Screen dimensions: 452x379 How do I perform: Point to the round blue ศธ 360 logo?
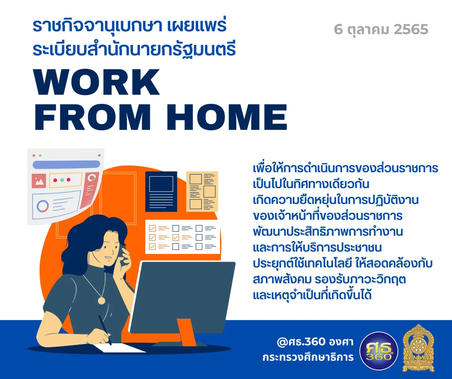point(379,351)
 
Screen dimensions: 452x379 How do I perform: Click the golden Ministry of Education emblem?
point(418,348)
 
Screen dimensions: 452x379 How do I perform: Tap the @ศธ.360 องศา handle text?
point(315,342)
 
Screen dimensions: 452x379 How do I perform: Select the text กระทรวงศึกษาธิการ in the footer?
point(308,357)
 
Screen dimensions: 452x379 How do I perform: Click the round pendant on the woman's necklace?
point(101,300)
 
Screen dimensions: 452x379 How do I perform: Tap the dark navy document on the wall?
point(161,192)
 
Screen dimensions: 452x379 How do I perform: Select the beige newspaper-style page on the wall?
point(202,192)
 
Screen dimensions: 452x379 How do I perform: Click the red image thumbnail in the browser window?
point(39,181)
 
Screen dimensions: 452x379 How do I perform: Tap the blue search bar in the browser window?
point(66,165)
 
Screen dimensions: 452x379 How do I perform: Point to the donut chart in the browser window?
point(43,206)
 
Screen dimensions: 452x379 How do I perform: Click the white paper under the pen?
point(120,348)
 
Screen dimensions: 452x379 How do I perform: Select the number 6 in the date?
point(338,29)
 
